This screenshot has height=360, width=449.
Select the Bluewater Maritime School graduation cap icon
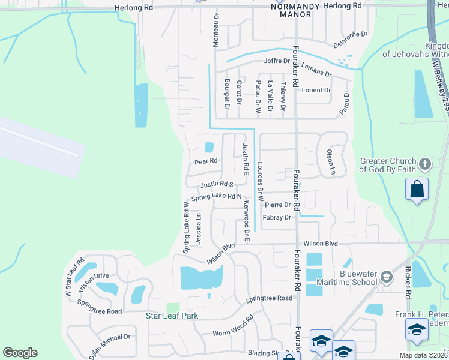(386, 277)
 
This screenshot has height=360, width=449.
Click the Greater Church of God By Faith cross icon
(424, 164)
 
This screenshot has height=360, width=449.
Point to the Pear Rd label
(205, 161)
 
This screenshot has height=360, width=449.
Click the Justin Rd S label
(217, 185)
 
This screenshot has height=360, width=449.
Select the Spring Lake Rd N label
(216, 197)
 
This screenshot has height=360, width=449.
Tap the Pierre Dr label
(278, 205)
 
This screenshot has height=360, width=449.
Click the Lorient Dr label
(316, 90)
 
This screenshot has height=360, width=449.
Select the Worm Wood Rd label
(233, 328)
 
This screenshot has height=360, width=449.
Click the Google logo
(20, 353)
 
